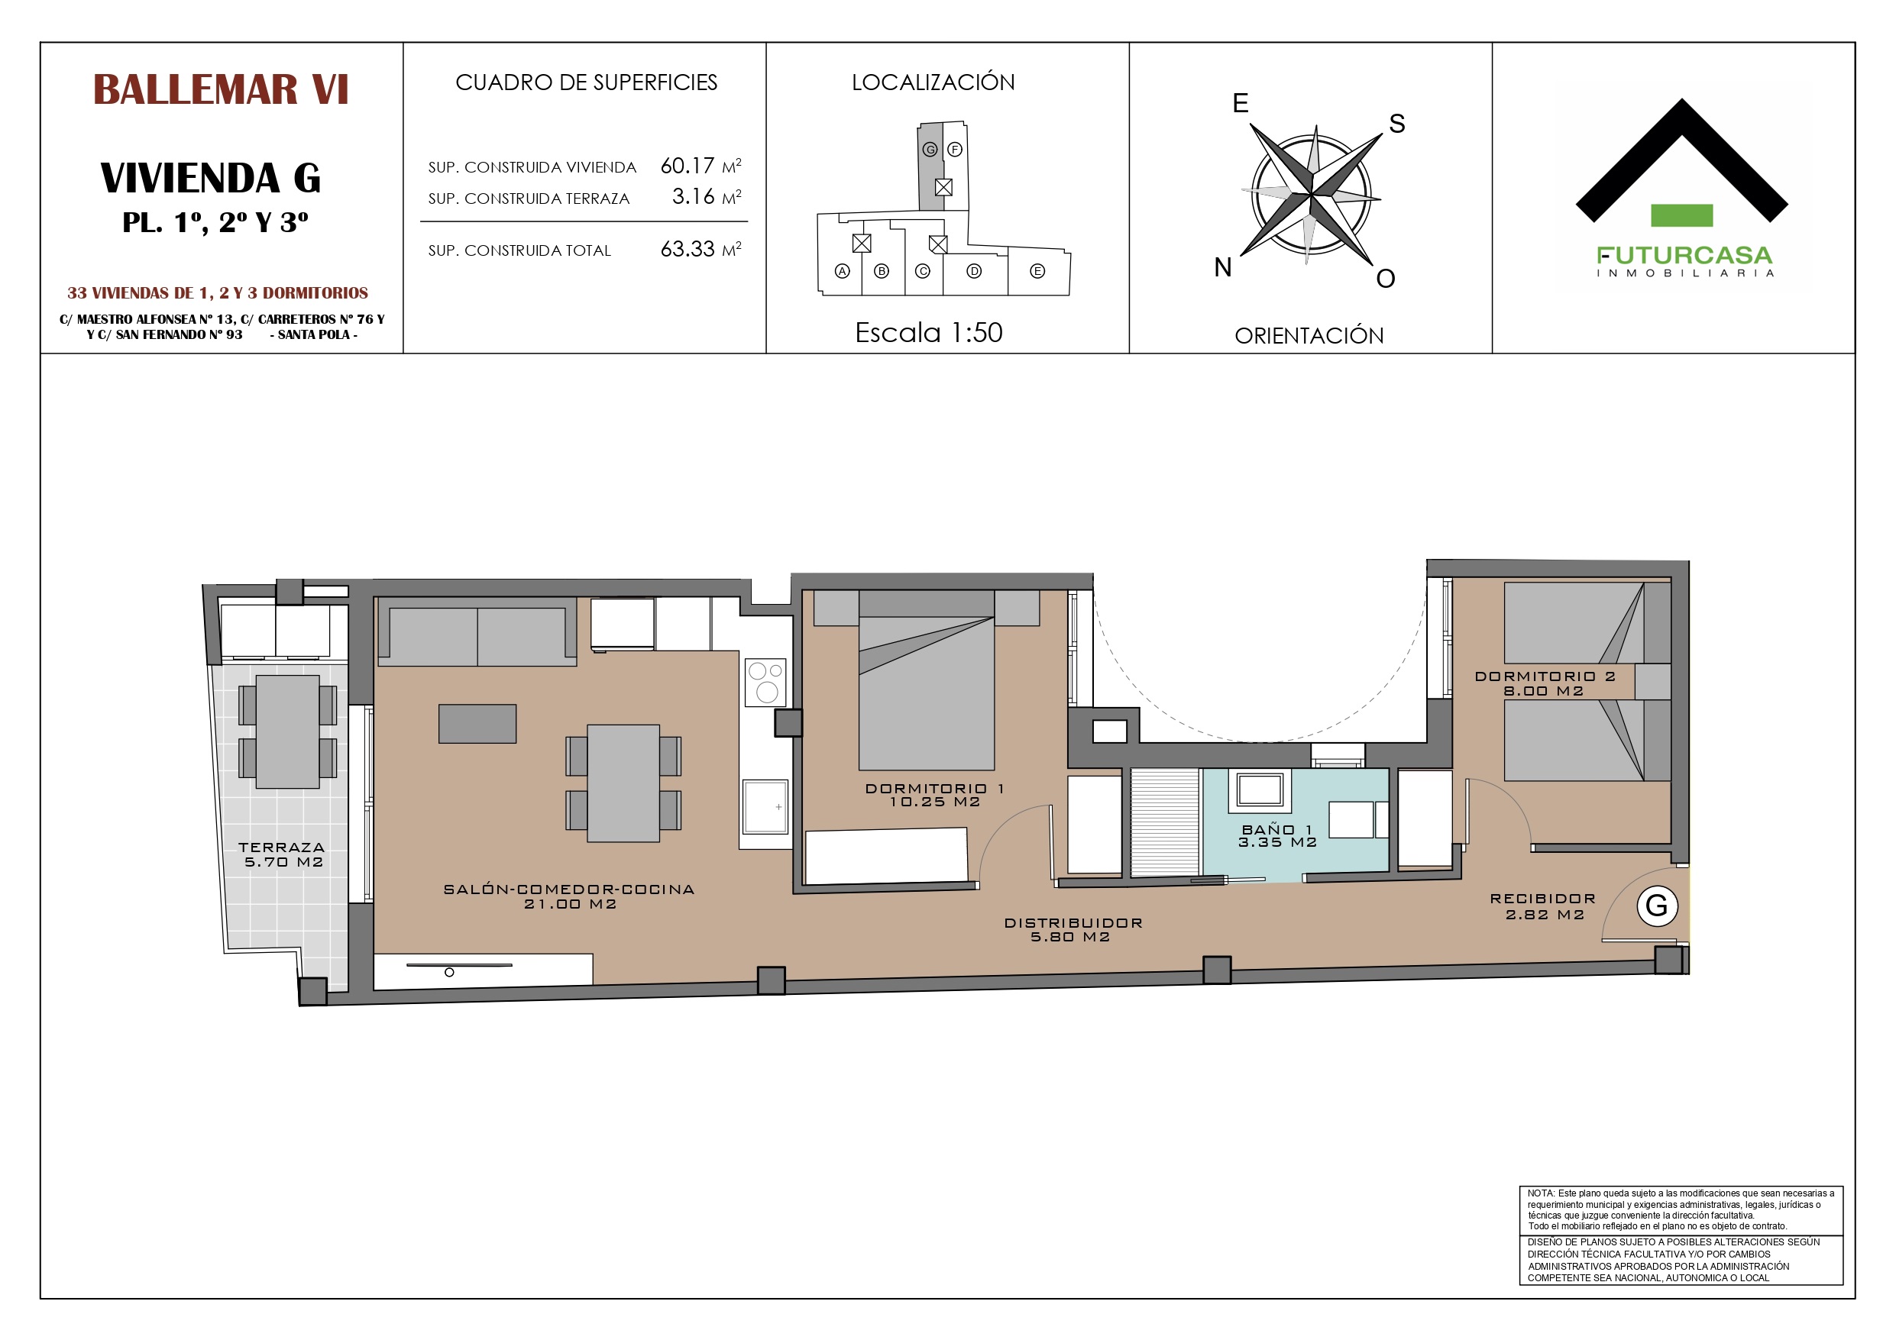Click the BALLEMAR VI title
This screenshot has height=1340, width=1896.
(221, 90)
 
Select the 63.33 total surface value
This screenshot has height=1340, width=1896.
(687, 250)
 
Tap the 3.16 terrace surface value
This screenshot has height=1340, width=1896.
(693, 196)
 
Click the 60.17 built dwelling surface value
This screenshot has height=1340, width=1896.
(687, 166)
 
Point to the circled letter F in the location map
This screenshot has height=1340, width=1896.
(955, 150)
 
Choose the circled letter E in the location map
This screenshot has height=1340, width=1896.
(1037, 271)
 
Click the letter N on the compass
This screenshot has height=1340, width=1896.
(1223, 267)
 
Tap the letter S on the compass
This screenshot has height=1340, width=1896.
(1396, 124)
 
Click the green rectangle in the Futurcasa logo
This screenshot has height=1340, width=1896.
(1681, 215)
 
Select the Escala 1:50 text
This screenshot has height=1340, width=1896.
(929, 333)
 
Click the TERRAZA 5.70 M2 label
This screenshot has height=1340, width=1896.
(283, 854)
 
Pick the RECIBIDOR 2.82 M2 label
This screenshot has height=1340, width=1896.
(1543, 906)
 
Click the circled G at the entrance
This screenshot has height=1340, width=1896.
(1658, 906)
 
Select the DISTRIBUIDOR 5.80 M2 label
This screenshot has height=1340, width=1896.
(1073, 930)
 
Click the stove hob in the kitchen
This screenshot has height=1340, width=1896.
(765, 682)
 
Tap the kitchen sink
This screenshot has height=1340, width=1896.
(765, 806)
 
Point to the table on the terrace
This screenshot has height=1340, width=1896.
(287, 731)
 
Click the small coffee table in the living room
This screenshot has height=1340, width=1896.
(477, 724)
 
